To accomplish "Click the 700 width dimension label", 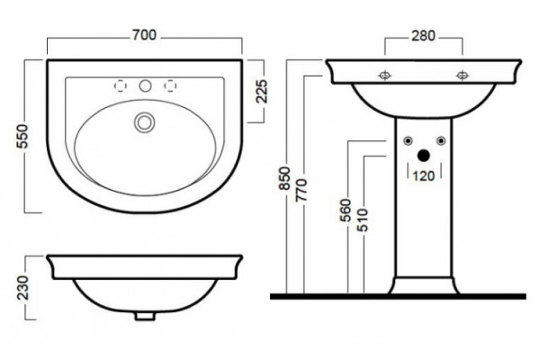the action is [145, 35].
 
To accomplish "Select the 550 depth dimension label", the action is [22, 136].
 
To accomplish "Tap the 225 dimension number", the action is [262, 91].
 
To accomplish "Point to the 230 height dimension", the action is [22, 288].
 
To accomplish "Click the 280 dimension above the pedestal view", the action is [423, 36].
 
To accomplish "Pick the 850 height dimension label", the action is [285, 178].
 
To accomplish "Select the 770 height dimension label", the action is [301, 190].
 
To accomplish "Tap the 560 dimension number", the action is [346, 210].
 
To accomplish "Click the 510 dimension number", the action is [363, 220].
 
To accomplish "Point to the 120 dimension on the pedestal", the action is [424, 176].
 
